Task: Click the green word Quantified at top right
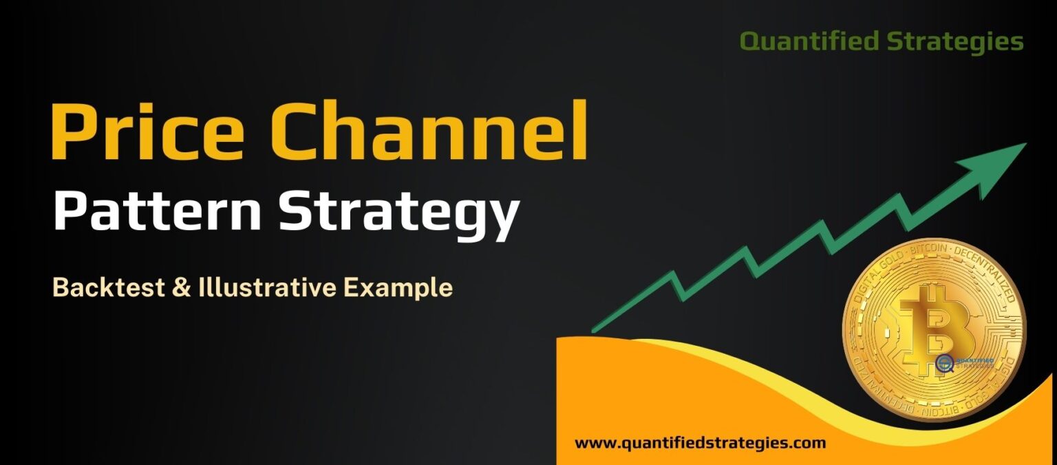coord(809,42)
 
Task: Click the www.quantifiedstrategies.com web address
coord(700,443)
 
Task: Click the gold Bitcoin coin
coord(934,329)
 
